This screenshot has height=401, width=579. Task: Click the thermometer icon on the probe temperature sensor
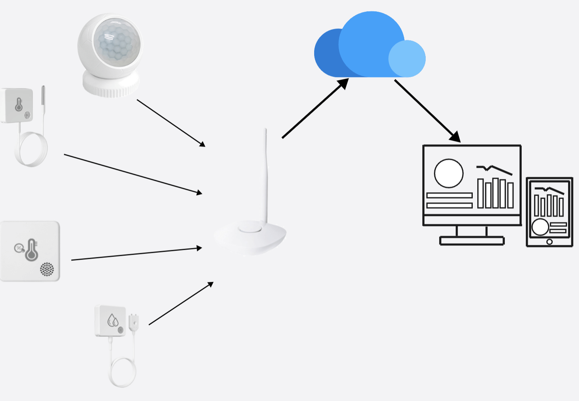tap(18, 105)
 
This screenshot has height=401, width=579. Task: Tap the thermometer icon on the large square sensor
tap(31, 250)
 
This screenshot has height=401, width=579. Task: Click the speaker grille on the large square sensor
tap(47, 269)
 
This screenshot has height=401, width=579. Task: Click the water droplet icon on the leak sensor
tap(113, 320)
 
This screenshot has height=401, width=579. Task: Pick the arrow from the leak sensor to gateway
tap(181, 304)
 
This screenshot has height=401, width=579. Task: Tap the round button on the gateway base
tap(250, 228)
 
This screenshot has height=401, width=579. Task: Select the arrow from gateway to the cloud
tap(315, 109)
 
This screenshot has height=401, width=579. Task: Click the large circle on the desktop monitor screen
tap(449, 173)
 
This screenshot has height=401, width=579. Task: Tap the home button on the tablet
tap(549, 242)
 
